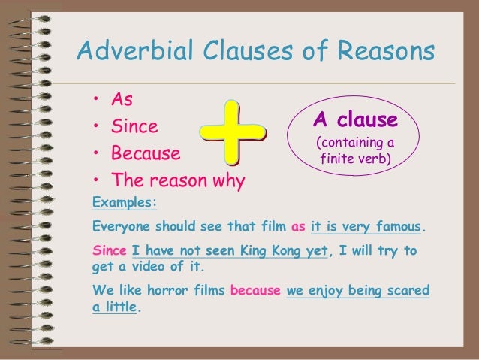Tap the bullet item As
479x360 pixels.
pyautogui.click(x=122, y=100)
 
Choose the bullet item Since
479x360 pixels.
pyautogui.click(x=135, y=127)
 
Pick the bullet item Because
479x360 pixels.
pyautogui.click(x=146, y=154)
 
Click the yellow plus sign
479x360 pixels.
pyautogui.click(x=233, y=135)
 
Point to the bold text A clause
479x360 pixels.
pyautogui.click(x=355, y=119)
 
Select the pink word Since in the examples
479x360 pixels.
pyautogui.click(x=109, y=250)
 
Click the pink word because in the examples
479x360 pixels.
pyautogui.click(x=255, y=289)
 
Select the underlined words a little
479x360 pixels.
pyautogui.click(x=115, y=307)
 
